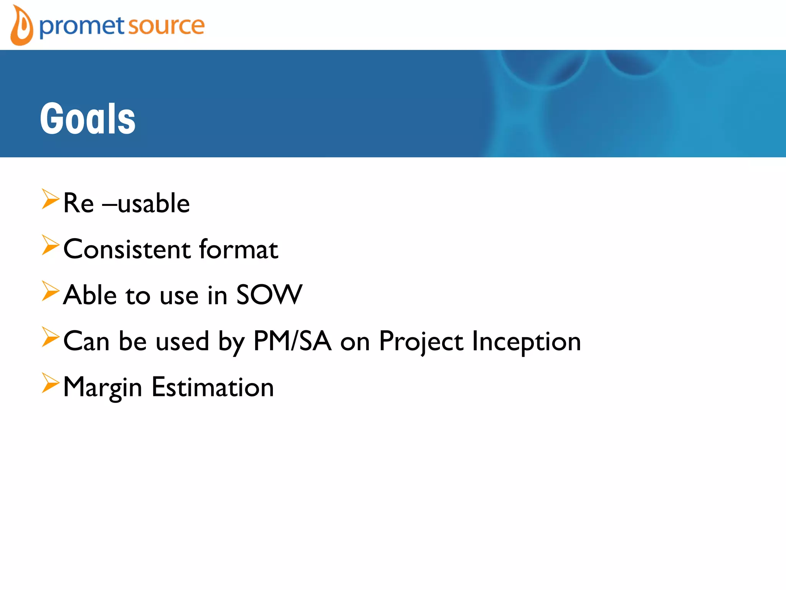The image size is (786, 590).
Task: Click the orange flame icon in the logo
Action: click(21, 26)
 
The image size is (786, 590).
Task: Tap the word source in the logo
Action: click(166, 26)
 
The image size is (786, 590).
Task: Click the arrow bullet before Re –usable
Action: click(50, 199)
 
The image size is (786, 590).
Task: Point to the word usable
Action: click(154, 203)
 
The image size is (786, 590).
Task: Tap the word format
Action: click(238, 249)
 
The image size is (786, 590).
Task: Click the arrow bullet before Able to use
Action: click(50, 291)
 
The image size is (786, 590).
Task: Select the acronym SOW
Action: click(269, 295)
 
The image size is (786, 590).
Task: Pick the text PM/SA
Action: click(292, 341)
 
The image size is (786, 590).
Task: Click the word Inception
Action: click(526, 341)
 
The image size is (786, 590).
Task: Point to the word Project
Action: click(421, 341)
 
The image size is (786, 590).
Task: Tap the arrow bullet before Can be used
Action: click(50, 337)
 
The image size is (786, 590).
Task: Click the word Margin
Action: click(102, 387)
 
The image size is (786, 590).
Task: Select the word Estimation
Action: click(213, 387)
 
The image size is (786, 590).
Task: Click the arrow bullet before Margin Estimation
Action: click(50, 383)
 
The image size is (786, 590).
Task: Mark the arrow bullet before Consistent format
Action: click(50, 245)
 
